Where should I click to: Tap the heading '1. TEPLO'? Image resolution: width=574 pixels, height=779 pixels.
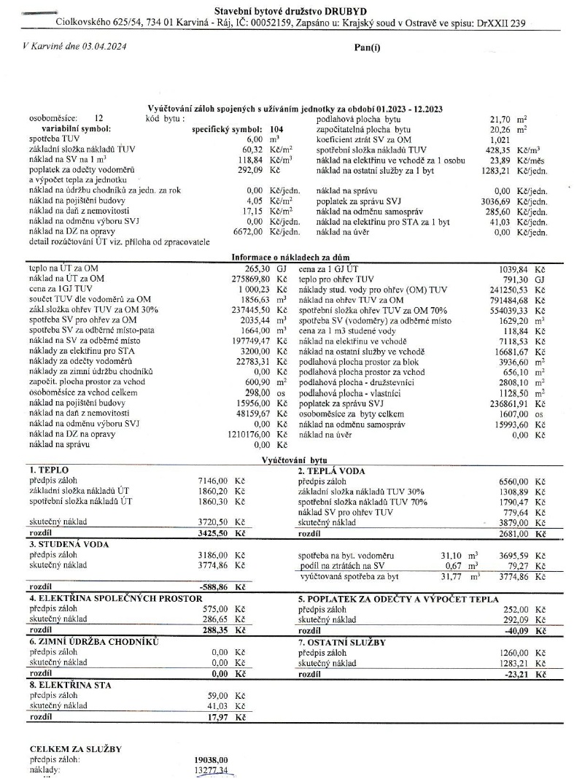47,471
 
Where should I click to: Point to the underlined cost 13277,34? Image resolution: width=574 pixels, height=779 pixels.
207,770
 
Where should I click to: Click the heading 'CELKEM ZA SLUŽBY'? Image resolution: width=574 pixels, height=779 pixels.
74,749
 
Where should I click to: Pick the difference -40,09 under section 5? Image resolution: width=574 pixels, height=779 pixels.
517,629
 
